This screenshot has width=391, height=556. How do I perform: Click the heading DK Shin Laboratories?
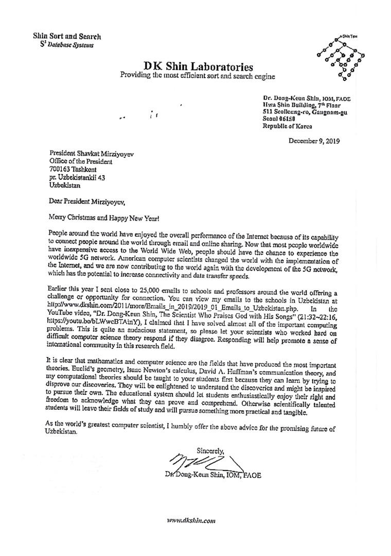coord(198,67)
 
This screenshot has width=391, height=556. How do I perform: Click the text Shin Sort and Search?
coord(67,37)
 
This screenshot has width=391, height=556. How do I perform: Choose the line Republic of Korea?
coord(287,126)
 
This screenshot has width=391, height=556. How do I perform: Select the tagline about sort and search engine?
coord(198,77)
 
